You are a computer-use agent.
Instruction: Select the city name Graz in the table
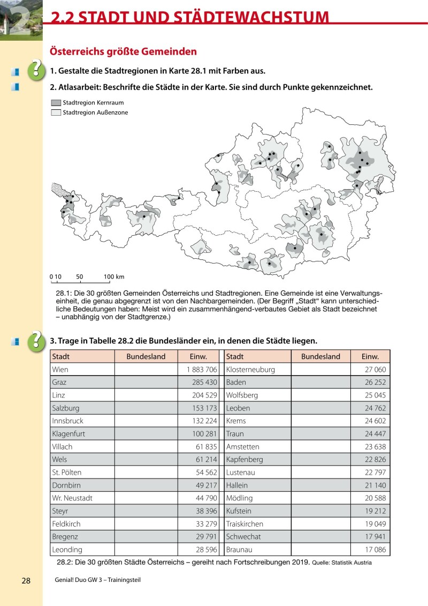coord(59,383)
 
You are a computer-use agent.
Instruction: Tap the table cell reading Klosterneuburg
coord(250,370)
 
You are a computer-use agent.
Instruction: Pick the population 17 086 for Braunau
coord(374,550)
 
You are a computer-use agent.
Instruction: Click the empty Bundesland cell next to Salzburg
coord(146,408)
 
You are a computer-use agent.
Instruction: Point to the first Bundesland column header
coord(146,357)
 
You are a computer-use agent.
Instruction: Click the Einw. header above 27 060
coord(370,357)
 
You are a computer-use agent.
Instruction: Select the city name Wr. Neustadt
coord(72,498)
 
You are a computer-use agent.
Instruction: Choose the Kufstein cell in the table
coord(239,511)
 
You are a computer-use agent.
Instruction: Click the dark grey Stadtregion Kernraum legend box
coord(56,102)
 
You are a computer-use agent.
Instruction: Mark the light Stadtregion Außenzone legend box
coord(56,113)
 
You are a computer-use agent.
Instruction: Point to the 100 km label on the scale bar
coord(114,277)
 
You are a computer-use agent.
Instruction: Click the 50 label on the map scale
coord(80,277)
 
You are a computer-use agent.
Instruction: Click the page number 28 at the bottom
coord(26,581)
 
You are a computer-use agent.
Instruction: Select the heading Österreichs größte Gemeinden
coord(123,52)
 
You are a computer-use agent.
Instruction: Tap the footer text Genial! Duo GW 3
coord(80,581)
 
